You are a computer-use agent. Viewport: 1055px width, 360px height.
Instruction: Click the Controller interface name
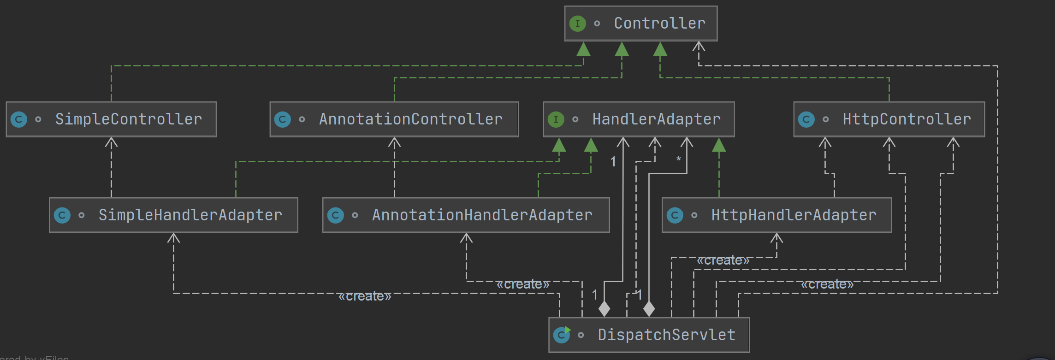point(659,24)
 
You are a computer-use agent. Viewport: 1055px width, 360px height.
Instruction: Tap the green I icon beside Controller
point(577,24)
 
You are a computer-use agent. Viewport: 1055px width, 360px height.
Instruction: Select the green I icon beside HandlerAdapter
point(556,119)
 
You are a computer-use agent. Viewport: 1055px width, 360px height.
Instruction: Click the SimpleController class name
point(129,119)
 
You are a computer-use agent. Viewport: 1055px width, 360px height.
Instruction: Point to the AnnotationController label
point(410,119)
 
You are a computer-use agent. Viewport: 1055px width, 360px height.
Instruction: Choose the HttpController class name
point(907,119)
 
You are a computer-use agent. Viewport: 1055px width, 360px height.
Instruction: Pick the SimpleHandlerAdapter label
point(190,215)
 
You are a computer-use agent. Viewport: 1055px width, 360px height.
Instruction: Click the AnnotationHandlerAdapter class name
point(482,215)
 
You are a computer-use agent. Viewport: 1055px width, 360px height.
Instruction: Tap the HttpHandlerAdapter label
point(794,215)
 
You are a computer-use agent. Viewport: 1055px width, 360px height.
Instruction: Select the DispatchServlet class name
point(666,335)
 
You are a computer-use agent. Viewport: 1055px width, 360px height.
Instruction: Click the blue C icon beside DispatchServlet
point(562,335)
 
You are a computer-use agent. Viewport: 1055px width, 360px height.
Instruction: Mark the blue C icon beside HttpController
point(806,119)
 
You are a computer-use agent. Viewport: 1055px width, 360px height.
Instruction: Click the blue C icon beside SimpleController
point(19,119)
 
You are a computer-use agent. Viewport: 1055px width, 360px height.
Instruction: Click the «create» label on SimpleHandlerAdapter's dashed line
point(365,296)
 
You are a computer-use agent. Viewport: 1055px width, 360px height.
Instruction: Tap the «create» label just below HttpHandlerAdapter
point(723,260)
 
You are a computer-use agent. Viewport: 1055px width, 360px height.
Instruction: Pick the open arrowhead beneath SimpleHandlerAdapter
point(173,238)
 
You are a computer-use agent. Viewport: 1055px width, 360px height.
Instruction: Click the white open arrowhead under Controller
point(699,46)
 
